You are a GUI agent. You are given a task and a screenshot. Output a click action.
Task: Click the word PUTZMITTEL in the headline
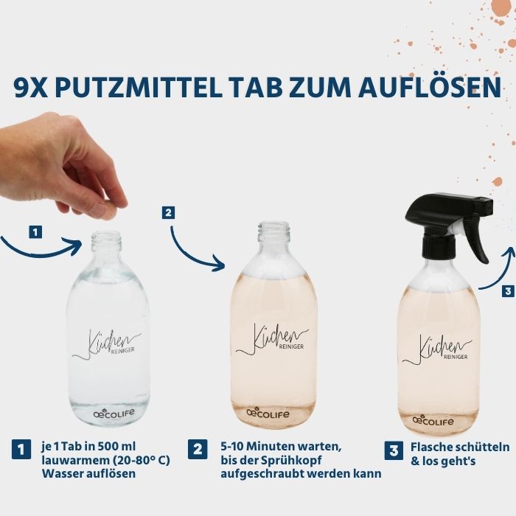pos(139,88)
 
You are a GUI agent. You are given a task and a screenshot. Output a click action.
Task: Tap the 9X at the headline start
pos(31,88)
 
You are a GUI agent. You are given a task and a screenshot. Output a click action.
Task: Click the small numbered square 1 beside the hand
pos(35,232)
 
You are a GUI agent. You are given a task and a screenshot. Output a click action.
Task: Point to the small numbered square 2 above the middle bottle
pos(168,212)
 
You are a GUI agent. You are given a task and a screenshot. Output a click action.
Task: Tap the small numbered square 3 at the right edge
pos(509,291)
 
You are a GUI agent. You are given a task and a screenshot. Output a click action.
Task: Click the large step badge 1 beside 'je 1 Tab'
pos(21,449)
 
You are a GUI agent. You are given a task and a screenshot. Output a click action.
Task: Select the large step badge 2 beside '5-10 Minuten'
pos(198,449)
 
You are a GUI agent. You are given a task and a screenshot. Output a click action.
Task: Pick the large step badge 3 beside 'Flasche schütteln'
pos(394,450)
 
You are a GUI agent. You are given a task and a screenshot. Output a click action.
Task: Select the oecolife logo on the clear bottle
pos(114,413)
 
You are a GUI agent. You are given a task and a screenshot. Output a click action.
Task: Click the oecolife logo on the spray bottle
pos(433,421)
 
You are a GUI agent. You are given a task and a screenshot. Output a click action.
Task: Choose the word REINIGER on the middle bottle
pos(291,346)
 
